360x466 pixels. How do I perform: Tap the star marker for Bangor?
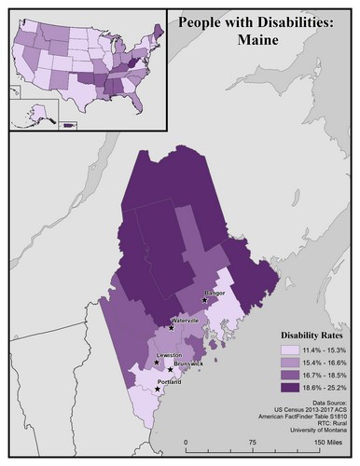(205, 300)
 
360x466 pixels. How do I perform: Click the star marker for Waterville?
(171, 327)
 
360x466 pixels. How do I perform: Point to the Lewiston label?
(169, 355)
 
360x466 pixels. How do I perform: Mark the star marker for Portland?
(156, 390)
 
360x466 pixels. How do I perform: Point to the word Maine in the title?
(258, 40)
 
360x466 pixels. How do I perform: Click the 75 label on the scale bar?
(252, 443)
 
